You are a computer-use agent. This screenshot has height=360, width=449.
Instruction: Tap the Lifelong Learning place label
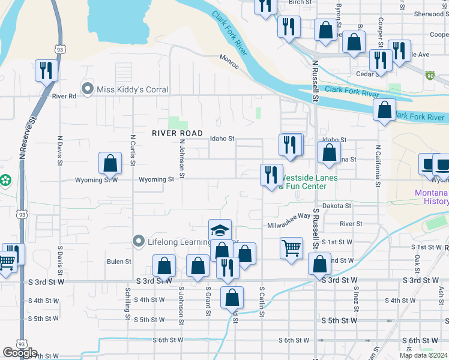[x=180, y=242]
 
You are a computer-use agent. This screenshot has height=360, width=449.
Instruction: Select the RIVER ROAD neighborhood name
[x=177, y=133]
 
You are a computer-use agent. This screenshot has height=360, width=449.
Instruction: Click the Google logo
[x=20, y=353]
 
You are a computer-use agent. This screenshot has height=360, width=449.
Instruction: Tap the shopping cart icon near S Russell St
[x=291, y=247]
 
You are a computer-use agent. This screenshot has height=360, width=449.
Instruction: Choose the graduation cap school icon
[x=220, y=230]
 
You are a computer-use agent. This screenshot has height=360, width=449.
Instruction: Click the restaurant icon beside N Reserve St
[x=46, y=70]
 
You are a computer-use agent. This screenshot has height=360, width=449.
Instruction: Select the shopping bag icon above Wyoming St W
[x=110, y=163]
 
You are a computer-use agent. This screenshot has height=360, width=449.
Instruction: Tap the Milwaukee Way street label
[x=289, y=215]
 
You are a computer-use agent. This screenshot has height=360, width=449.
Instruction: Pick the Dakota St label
[x=336, y=205]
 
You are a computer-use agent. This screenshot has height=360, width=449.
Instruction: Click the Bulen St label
[x=119, y=262]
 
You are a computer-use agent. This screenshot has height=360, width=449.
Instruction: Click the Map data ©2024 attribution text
[x=423, y=355]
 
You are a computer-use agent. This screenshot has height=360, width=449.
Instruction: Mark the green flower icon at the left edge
[x=5, y=179]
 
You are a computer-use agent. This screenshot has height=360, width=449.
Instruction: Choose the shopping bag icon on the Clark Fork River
[x=384, y=110]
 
